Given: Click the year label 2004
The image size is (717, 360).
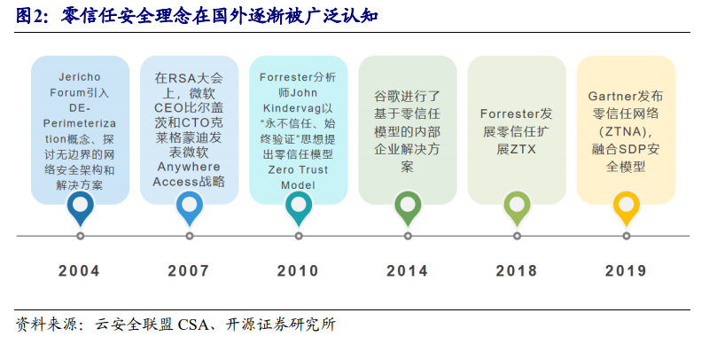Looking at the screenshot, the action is (x=79, y=270).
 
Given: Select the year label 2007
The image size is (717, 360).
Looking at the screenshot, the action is (x=189, y=270).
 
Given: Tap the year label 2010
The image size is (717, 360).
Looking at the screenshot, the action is (x=298, y=270).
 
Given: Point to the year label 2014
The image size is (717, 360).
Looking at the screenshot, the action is (x=407, y=270).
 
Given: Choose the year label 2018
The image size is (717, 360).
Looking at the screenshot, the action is (x=517, y=270).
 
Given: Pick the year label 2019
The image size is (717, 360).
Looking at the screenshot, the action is (x=626, y=270).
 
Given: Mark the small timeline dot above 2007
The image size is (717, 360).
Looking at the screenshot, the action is (x=190, y=236).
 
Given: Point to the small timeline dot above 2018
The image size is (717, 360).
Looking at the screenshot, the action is (x=517, y=236).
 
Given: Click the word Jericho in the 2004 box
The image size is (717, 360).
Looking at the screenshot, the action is (x=80, y=77).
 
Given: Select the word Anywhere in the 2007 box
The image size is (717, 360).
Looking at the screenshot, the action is (x=189, y=167).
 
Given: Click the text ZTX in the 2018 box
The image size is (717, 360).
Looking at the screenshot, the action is (x=523, y=149).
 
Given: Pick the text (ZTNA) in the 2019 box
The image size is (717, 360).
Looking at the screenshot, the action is (x=624, y=132).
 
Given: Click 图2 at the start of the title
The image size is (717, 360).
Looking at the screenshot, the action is (x=30, y=16).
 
